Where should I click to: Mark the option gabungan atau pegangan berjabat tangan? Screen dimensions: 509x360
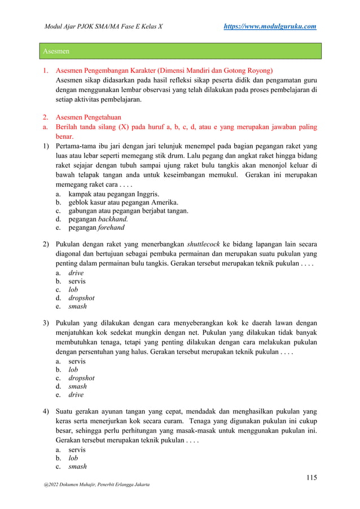point(128,211)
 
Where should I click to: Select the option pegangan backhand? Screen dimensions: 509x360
point(98,220)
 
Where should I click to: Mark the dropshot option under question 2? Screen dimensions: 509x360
point(81,297)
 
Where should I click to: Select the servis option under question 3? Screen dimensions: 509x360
point(77,360)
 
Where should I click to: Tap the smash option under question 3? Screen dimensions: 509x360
point(77,386)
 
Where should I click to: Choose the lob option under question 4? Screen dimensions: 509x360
point(73,458)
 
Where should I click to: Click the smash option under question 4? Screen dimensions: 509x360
point(77,467)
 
